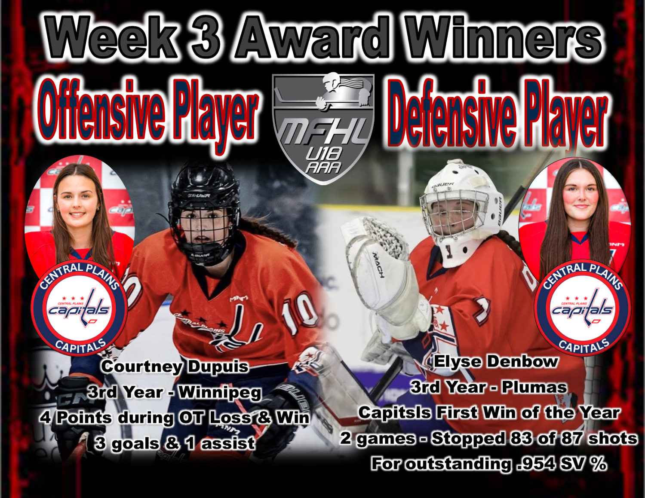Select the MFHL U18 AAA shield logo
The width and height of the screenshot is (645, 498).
tap(323, 128)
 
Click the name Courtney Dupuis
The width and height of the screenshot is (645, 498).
tap(175, 367)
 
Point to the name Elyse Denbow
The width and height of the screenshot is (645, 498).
tap(496, 361)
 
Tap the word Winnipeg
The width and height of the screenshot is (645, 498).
tap(220, 393)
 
